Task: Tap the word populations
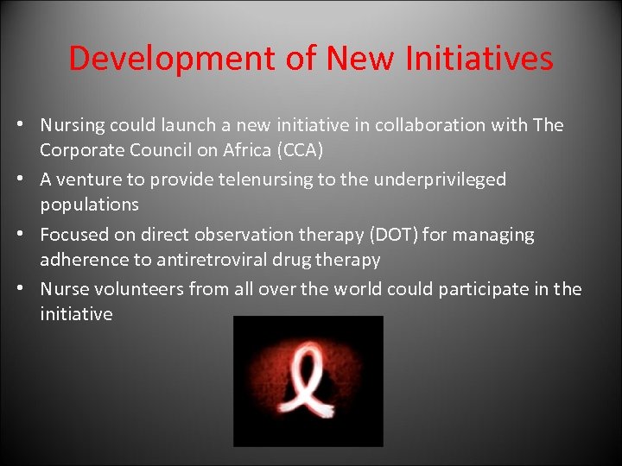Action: pyautogui.click(x=89, y=205)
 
